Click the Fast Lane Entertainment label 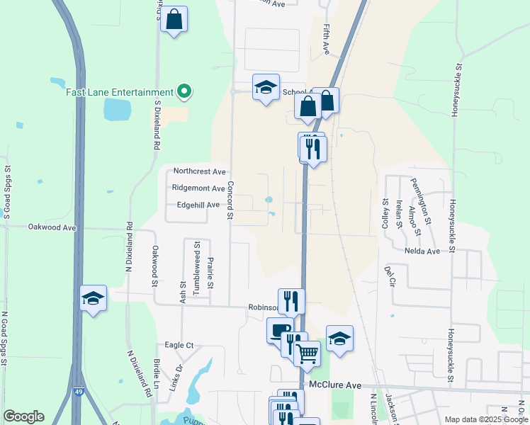pyautogui.click(x=120, y=92)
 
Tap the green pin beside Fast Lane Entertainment pyautogui.click(x=184, y=91)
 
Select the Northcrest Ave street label pyautogui.click(x=199, y=171)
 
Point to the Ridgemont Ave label pyautogui.click(x=199, y=188)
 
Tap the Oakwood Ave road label pyautogui.click(x=51, y=227)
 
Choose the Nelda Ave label pyautogui.click(x=422, y=251)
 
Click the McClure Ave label pyautogui.click(x=336, y=385)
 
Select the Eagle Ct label pyautogui.click(x=179, y=345)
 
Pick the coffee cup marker pyautogui.click(x=280, y=330)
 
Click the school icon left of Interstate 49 pyautogui.click(x=94, y=298)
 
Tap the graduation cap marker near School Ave pyautogui.click(x=266, y=87)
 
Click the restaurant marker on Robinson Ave pyautogui.click(x=291, y=301)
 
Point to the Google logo pyautogui.click(x=23, y=416)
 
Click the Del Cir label pyautogui.click(x=389, y=276)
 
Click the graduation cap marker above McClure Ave pyautogui.click(x=339, y=339)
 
